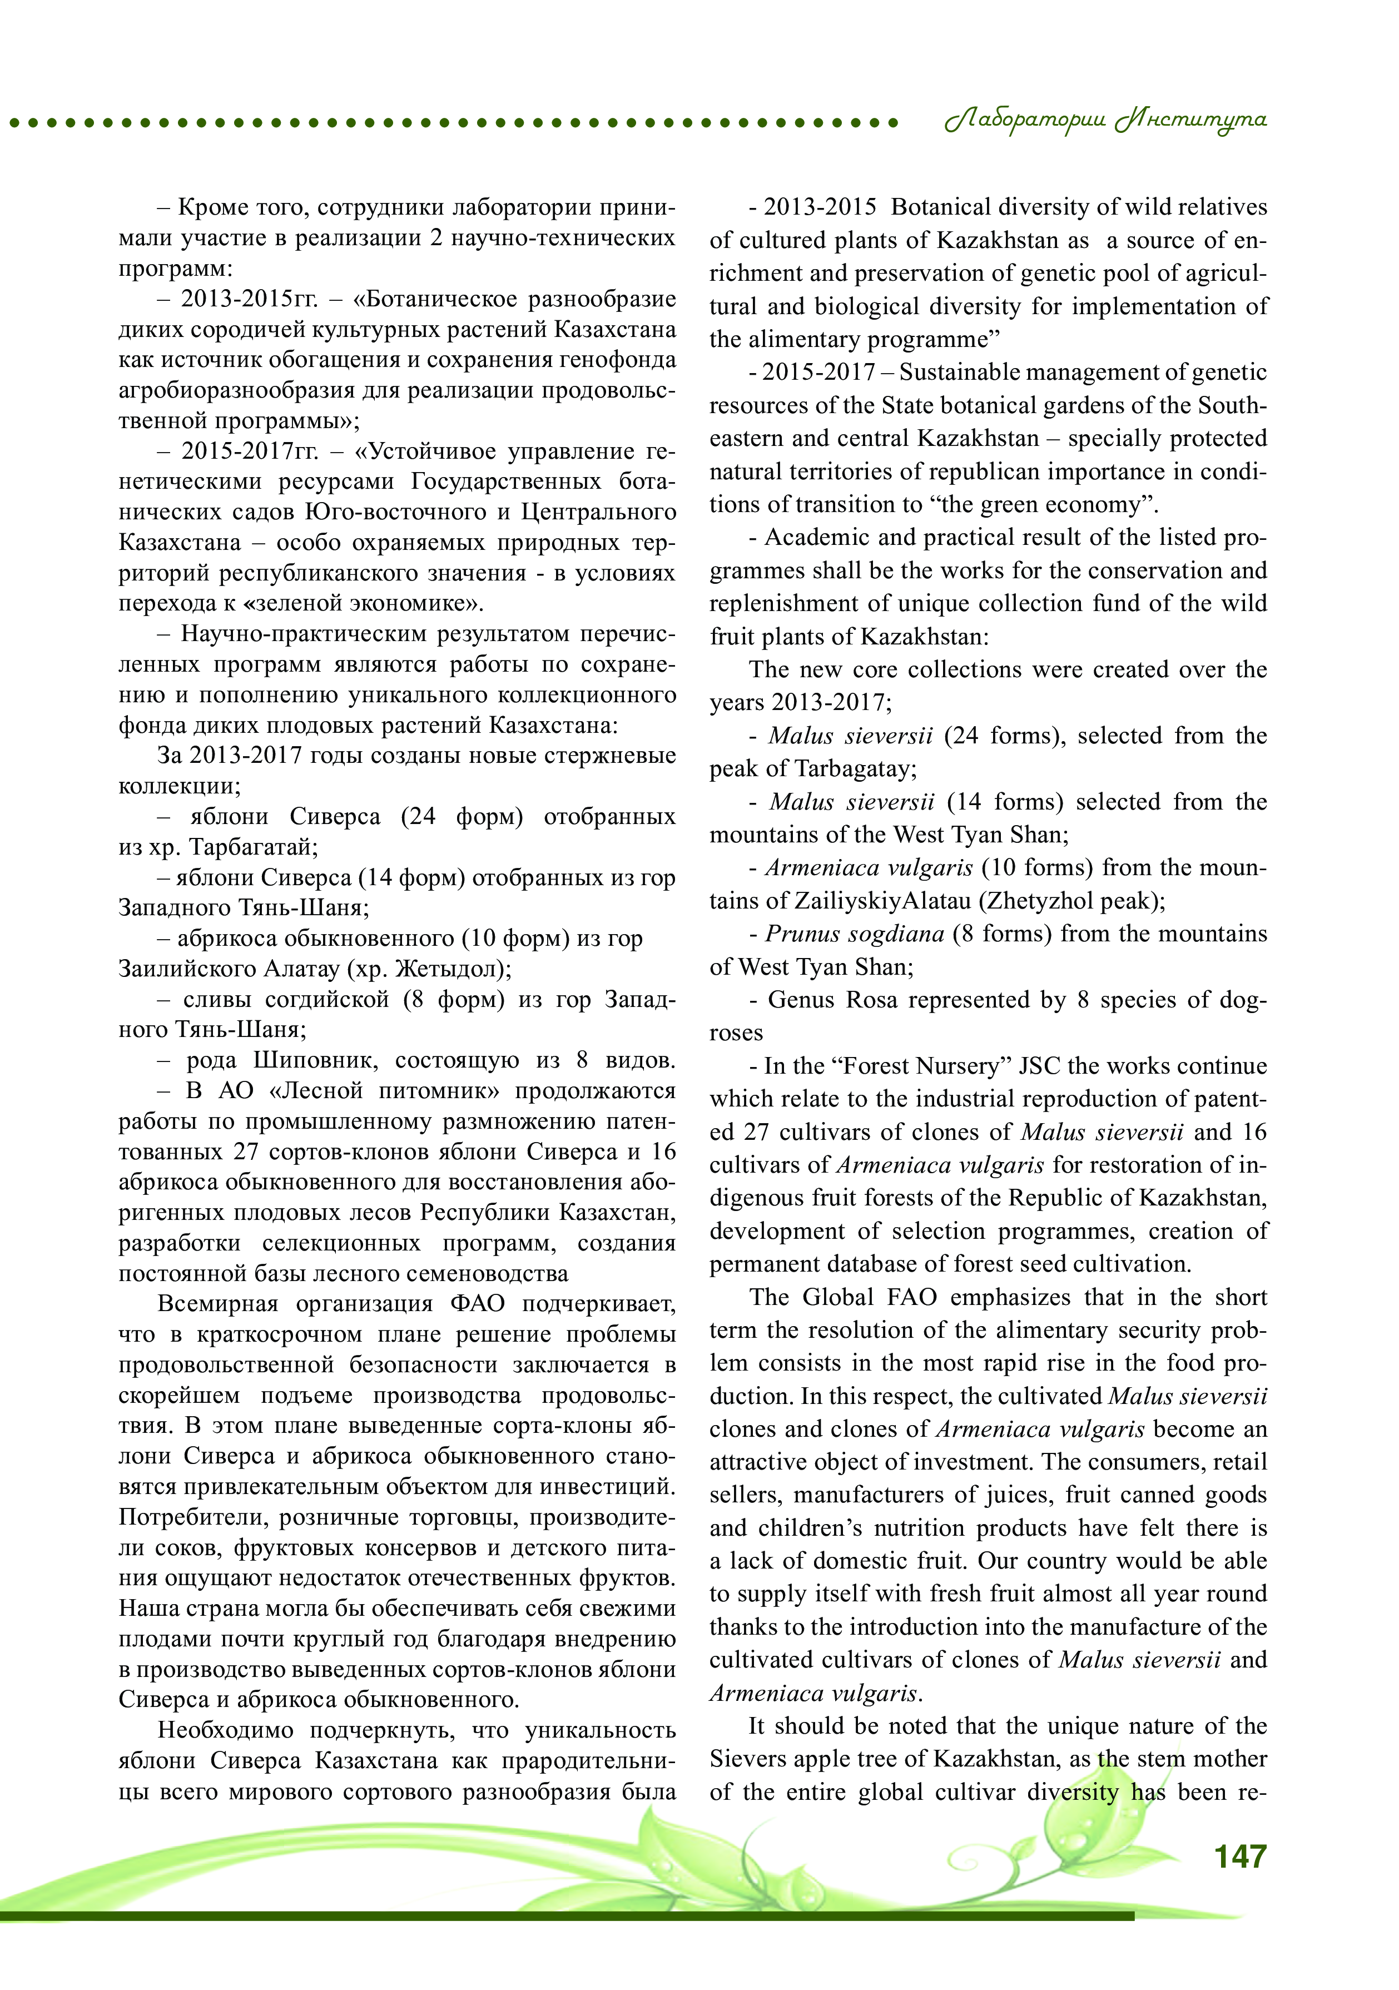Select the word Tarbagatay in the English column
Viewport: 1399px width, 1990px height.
pyautogui.click(x=853, y=769)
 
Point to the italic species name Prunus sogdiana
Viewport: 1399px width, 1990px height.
pyautogui.click(x=855, y=934)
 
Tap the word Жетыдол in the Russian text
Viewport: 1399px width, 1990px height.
pyautogui.click(x=445, y=968)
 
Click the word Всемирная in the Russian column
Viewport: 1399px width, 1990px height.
pyautogui.click(x=217, y=1303)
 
